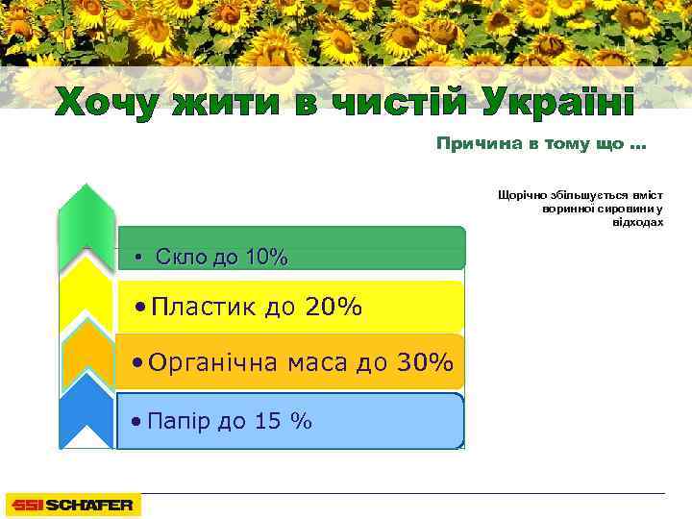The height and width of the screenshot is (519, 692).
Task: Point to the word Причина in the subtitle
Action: tap(475, 145)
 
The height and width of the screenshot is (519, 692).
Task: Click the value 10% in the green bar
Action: tap(266, 257)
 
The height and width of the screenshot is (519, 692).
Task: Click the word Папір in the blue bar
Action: tap(176, 420)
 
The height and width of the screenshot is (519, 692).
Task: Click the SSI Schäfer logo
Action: tap(73, 505)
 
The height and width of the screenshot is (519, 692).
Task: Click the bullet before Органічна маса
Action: tap(140, 363)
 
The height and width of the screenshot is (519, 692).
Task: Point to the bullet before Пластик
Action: tap(141, 308)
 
